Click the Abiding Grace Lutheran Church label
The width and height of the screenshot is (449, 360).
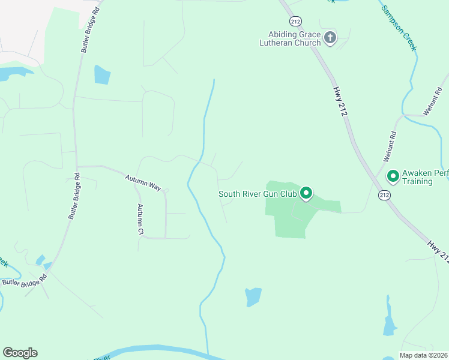(x=291, y=38)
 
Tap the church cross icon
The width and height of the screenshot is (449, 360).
(x=330, y=38)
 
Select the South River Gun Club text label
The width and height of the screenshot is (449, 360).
(x=258, y=193)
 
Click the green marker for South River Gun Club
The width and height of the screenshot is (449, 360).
(x=306, y=193)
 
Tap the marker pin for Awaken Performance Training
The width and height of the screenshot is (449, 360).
(x=393, y=176)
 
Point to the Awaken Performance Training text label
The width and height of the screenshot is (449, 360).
(x=425, y=177)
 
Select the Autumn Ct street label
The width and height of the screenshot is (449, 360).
(x=140, y=219)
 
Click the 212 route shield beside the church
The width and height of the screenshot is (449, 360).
(x=295, y=22)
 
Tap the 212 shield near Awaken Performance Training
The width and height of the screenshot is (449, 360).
(x=384, y=195)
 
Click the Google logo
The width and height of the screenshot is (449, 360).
(x=20, y=353)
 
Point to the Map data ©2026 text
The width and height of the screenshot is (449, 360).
(x=423, y=355)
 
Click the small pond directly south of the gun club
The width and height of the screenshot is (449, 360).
(x=253, y=296)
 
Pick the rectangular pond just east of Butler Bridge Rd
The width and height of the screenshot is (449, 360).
(x=102, y=74)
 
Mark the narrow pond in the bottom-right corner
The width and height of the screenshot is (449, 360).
(x=389, y=321)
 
